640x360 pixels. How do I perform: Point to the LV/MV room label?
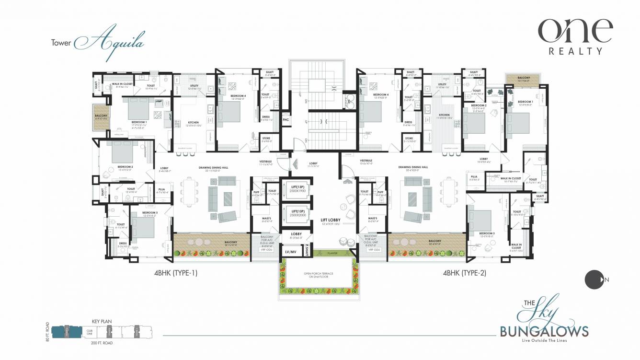[x=290, y=251]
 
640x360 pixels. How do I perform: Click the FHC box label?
[x=286, y=119]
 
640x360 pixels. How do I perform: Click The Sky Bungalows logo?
[x=544, y=321]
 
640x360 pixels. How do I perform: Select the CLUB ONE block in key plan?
[x=89, y=331]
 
